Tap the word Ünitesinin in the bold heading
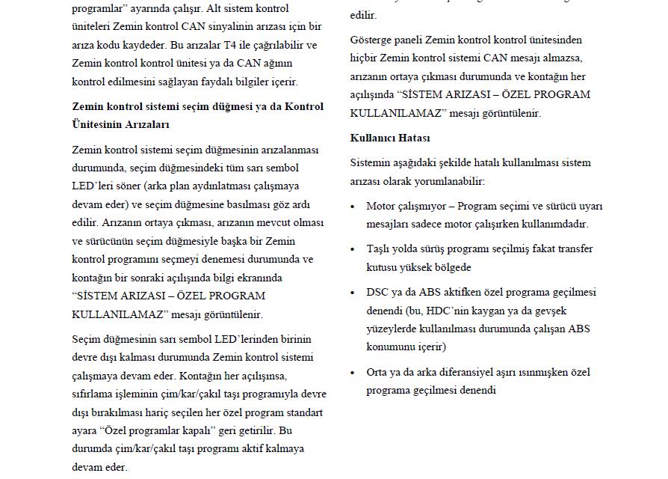(98, 124)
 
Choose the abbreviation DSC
(378, 292)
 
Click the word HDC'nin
(446, 310)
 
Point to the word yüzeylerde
(391, 329)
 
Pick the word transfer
(571, 248)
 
